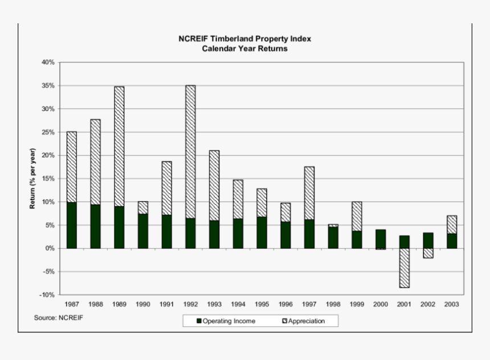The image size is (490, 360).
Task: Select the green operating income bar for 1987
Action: point(72,225)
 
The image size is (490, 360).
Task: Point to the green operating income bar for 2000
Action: point(380,239)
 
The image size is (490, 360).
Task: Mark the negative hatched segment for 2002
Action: point(428,253)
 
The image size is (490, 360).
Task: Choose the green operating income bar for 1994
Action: point(238,234)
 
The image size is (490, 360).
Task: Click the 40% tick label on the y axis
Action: point(48,62)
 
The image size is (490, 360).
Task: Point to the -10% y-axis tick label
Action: point(47,295)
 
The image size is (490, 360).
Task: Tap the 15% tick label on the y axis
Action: point(48,179)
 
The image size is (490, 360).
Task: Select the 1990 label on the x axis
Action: point(143,305)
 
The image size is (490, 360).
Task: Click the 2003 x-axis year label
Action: point(452,305)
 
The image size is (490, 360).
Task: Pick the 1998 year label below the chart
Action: point(333,305)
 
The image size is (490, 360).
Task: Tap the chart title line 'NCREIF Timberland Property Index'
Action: point(245,39)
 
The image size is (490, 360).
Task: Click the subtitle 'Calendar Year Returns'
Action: point(245,48)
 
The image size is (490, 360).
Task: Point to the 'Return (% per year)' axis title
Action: point(32,178)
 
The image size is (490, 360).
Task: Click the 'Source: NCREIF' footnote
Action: point(58,317)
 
